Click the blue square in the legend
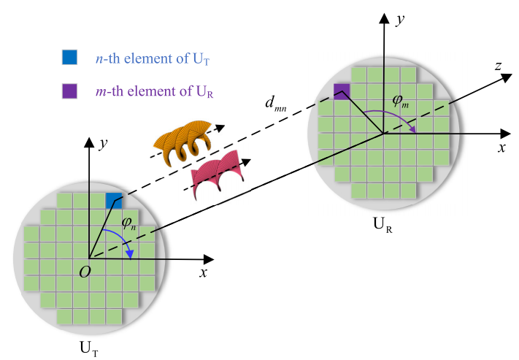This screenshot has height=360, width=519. click(x=69, y=57)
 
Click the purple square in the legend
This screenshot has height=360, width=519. click(x=69, y=91)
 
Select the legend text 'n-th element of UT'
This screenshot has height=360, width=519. click(x=153, y=58)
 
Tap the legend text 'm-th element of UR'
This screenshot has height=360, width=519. click(x=154, y=91)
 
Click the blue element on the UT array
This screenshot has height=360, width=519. click(x=114, y=201)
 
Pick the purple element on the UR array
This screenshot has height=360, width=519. click(x=342, y=91)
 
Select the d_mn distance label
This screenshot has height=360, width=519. click(x=275, y=104)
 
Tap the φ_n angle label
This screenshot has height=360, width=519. click(x=129, y=223)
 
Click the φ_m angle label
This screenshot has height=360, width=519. click(x=401, y=101)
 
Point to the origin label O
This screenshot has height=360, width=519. click(x=85, y=272)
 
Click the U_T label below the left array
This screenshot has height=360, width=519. click(x=89, y=349)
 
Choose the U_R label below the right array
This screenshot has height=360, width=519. click(x=382, y=225)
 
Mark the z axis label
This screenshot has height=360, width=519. click(x=499, y=66)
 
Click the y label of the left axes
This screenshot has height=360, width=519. click(x=104, y=144)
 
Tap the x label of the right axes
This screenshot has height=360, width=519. click(x=501, y=148)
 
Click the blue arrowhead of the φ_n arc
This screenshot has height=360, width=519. click(x=130, y=254)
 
